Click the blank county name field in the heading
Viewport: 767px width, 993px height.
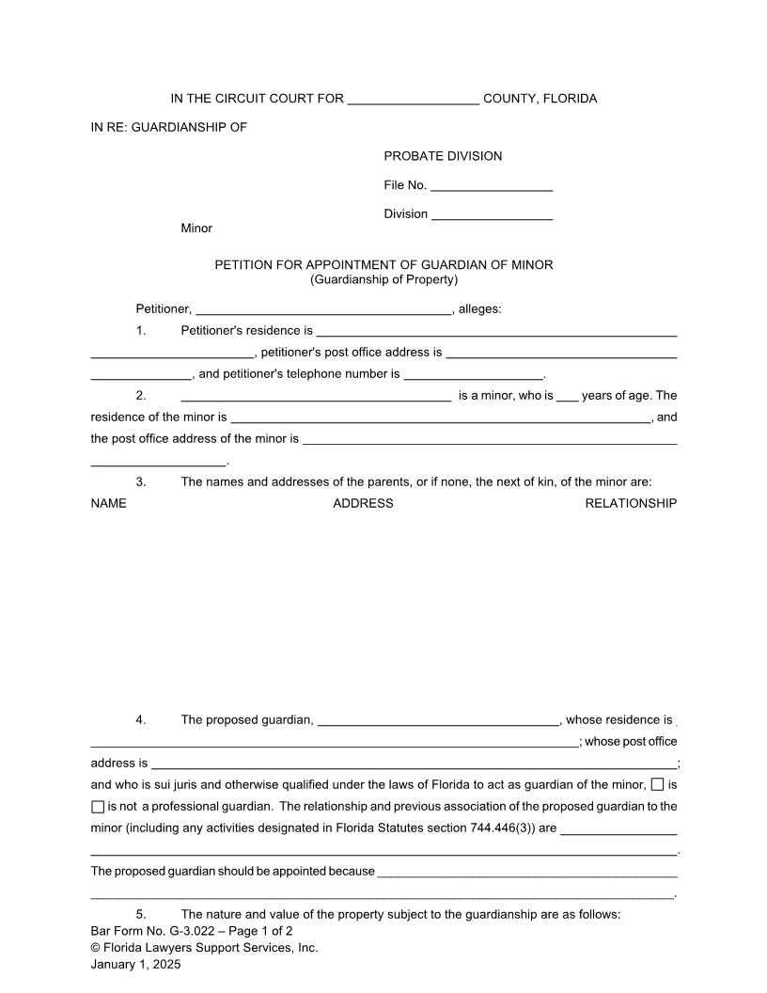[x=414, y=100]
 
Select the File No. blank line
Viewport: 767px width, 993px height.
[x=492, y=186]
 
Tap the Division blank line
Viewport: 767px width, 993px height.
[x=492, y=214]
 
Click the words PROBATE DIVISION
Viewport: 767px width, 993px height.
[x=443, y=156]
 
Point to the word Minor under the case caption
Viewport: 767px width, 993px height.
[x=196, y=229]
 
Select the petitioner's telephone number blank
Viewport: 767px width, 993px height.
[x=473, y=374]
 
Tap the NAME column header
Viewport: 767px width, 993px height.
[x=108, y=503]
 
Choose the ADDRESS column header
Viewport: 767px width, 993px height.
[x=363, y=503]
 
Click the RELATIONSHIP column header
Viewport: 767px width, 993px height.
[x=631, y=503]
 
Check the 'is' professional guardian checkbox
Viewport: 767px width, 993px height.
[x=657, y=784]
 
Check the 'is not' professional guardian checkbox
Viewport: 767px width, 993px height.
[x=98, y=806]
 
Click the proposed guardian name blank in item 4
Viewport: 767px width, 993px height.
[x=439, y=720]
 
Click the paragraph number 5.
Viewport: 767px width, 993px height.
[x=141, y=914]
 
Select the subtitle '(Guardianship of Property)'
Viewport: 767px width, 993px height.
[x=383, y=279]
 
